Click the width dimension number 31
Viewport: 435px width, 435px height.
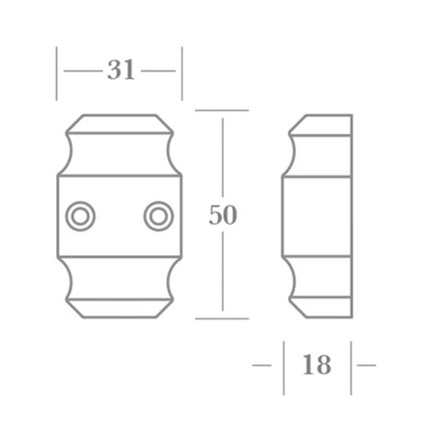(x=121, y=70)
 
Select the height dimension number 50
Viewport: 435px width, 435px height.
(x=223, y=216)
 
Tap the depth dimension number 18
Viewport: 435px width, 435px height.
(x=317, y=364)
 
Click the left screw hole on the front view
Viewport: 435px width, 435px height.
(x=80, y=216)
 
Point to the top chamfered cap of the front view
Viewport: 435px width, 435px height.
(x=119, y=125)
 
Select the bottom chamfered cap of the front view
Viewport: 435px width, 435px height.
(x=119, y=307)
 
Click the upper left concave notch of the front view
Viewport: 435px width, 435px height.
(x=67, y=154)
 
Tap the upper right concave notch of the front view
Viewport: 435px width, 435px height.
(x=173, y=154)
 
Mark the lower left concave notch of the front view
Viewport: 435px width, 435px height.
(x=67, y=277)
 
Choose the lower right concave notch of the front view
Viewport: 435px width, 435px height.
(x=173, y=277)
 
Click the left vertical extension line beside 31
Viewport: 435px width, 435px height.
(x=57, y=73)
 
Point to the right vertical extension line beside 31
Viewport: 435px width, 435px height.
(x=182, y=73)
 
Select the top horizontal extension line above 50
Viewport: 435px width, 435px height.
(x=222, y=111)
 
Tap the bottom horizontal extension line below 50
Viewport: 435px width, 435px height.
(x=222, y=319)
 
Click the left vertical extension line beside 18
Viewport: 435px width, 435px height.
(x=284, y=364)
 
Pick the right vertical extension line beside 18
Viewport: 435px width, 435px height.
(x=351, y=364)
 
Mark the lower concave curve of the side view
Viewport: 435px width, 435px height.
(x=292, y=277)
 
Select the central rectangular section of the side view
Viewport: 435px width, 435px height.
(x=317, y=216)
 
